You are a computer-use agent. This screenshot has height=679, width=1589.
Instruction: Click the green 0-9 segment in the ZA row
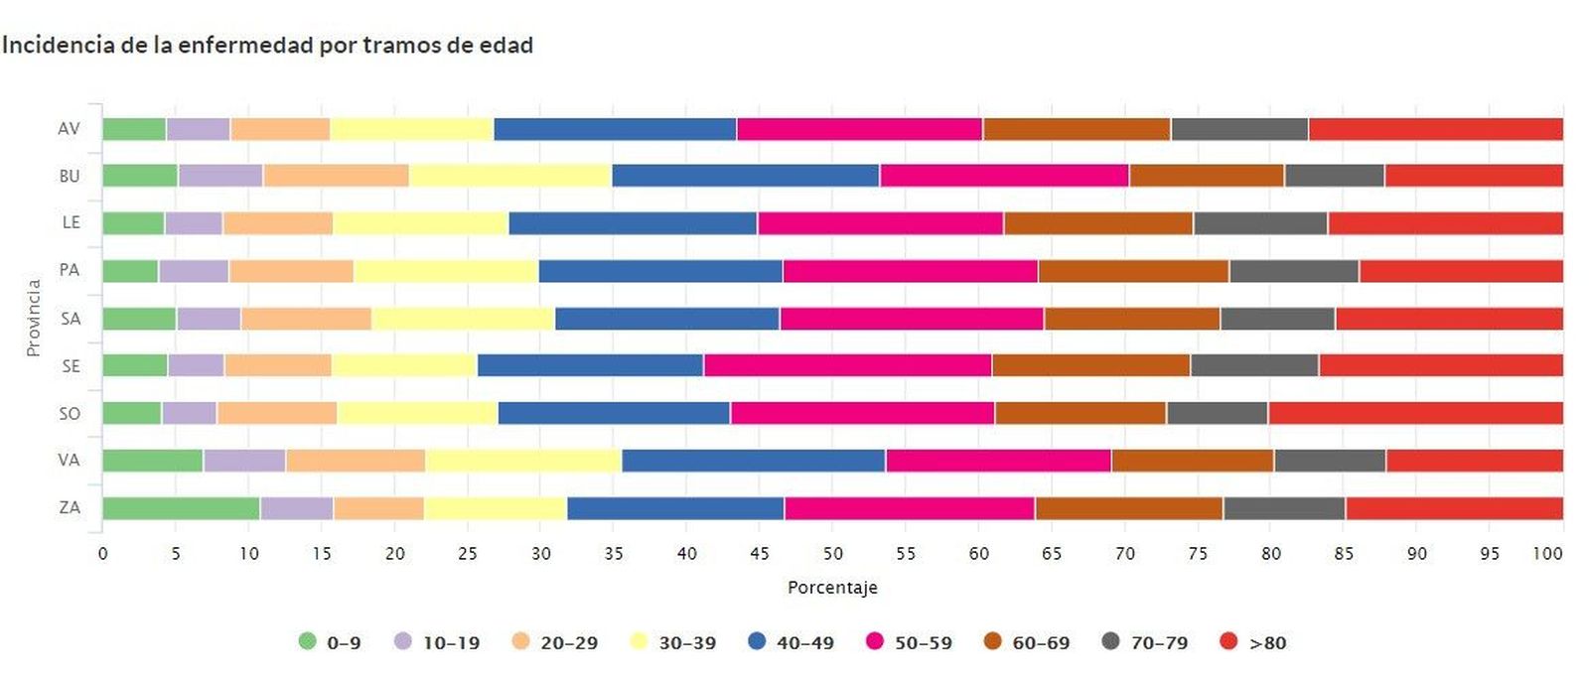coord(181,508)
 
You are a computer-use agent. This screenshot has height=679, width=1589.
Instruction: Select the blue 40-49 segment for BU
coord(745,176)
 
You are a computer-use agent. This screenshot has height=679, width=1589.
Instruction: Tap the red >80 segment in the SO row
coord(1415,413)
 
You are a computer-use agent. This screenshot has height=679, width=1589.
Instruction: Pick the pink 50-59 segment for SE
coord(847,365)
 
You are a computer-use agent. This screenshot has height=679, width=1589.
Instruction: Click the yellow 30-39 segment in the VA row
coord(523,461)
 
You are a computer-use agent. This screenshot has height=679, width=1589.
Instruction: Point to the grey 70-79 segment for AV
coord(1239,129)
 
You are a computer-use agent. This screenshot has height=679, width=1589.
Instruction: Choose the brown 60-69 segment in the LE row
coord(1098,223)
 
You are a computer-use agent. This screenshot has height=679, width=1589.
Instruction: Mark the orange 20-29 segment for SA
coord(307,319)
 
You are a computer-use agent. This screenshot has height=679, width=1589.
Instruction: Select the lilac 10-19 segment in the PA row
coord(194,271)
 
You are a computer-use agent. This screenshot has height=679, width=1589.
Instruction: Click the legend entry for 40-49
coord(792,642)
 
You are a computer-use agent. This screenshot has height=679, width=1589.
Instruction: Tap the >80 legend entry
coord(1253,642)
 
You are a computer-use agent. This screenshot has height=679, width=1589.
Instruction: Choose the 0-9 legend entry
coord(330,642)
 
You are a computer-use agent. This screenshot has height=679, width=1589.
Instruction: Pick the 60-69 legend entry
coord(1027,642)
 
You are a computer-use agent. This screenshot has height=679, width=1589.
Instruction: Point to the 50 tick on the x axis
coord(832,554)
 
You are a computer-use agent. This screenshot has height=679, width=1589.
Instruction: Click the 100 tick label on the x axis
coord(1547,554)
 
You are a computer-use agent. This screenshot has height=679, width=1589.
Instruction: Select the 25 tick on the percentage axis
coord(468,554)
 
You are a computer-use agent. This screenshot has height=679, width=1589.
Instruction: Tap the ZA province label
coord(70,508)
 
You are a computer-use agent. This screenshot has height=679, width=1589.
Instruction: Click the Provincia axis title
coord(34,318)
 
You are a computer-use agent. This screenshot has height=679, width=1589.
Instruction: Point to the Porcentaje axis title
coord(832,588)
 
